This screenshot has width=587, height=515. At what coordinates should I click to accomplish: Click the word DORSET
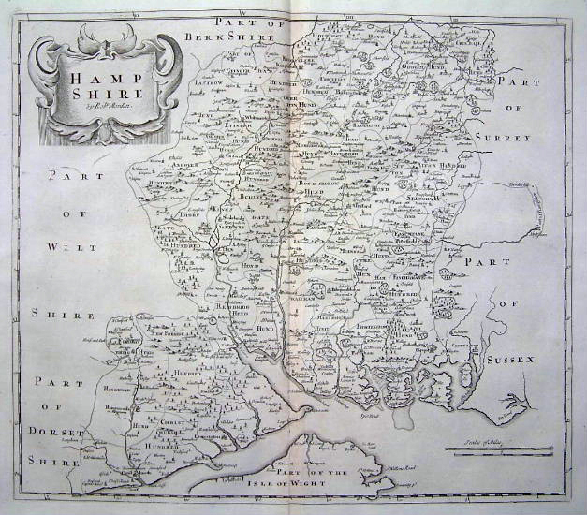pos(67,433)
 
